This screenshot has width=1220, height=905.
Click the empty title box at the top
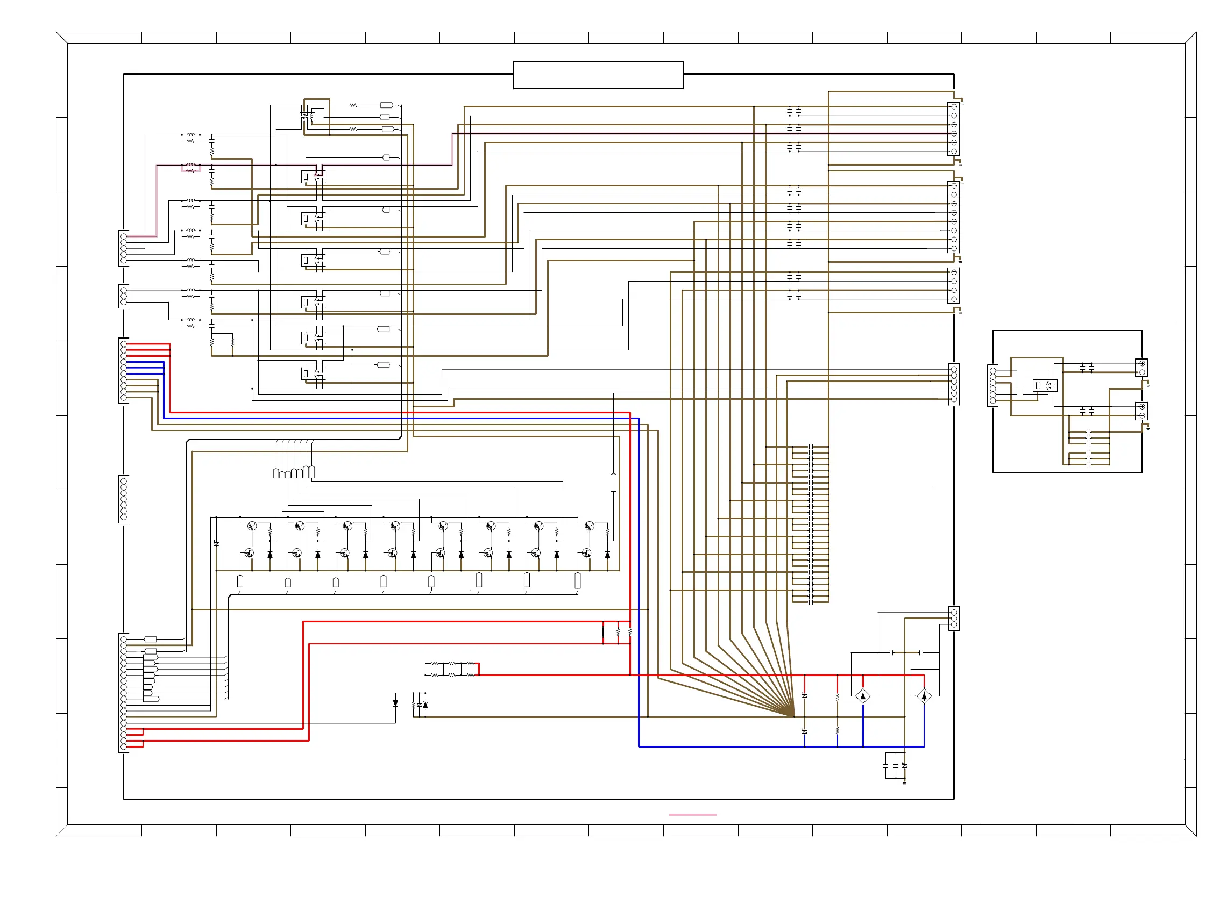pos(598,75)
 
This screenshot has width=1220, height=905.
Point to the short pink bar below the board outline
pos(692,815)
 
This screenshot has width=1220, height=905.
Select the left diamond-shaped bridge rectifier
pos(862,696)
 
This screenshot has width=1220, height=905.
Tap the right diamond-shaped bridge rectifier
pos(924,696)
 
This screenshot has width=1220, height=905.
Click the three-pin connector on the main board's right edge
pos(954,619)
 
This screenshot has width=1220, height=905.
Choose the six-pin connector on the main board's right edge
pos(954,385)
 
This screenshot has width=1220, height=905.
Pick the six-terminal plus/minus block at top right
pos(953,130)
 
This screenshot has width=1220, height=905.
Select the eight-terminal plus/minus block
pos(953,218)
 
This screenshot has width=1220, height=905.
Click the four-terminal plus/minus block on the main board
pos(953,286)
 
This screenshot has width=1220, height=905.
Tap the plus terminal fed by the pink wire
pos(954,134)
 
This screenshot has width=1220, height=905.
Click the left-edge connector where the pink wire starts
pos(124,248)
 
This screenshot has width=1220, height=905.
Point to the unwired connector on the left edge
pos(124,499)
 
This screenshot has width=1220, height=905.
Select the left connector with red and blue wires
pos(124,371)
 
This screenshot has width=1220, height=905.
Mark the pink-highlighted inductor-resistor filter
pos(190,168)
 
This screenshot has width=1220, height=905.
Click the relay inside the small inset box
pos(1045,386)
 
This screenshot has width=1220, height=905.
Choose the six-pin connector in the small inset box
pos(992,386)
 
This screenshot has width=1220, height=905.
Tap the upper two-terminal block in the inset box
pos(1141,368)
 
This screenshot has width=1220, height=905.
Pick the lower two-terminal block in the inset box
pos(1141,411)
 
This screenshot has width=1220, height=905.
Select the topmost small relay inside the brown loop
pos(308,116)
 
